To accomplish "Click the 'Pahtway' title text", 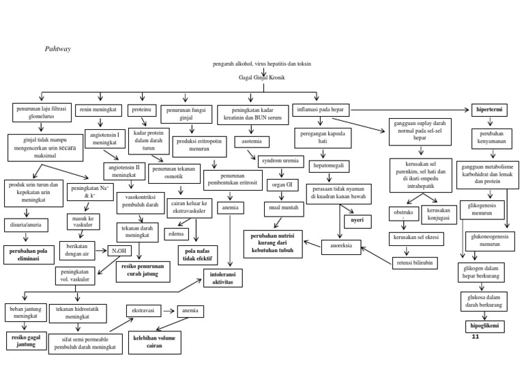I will coord(58,49).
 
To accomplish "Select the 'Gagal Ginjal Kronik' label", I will coord(261,78).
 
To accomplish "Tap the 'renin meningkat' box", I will coord(100,109).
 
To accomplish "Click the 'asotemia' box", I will coord(252,141).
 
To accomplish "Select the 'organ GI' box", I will coord(279,184).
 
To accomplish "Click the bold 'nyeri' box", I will coord(357,220).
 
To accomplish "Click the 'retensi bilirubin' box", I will coord(416,262).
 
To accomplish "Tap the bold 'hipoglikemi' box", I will coord(483,326).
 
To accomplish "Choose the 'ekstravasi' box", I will coord(144,310).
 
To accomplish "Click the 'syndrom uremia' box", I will coord(280,162).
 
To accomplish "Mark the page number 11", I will coord(476,337).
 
